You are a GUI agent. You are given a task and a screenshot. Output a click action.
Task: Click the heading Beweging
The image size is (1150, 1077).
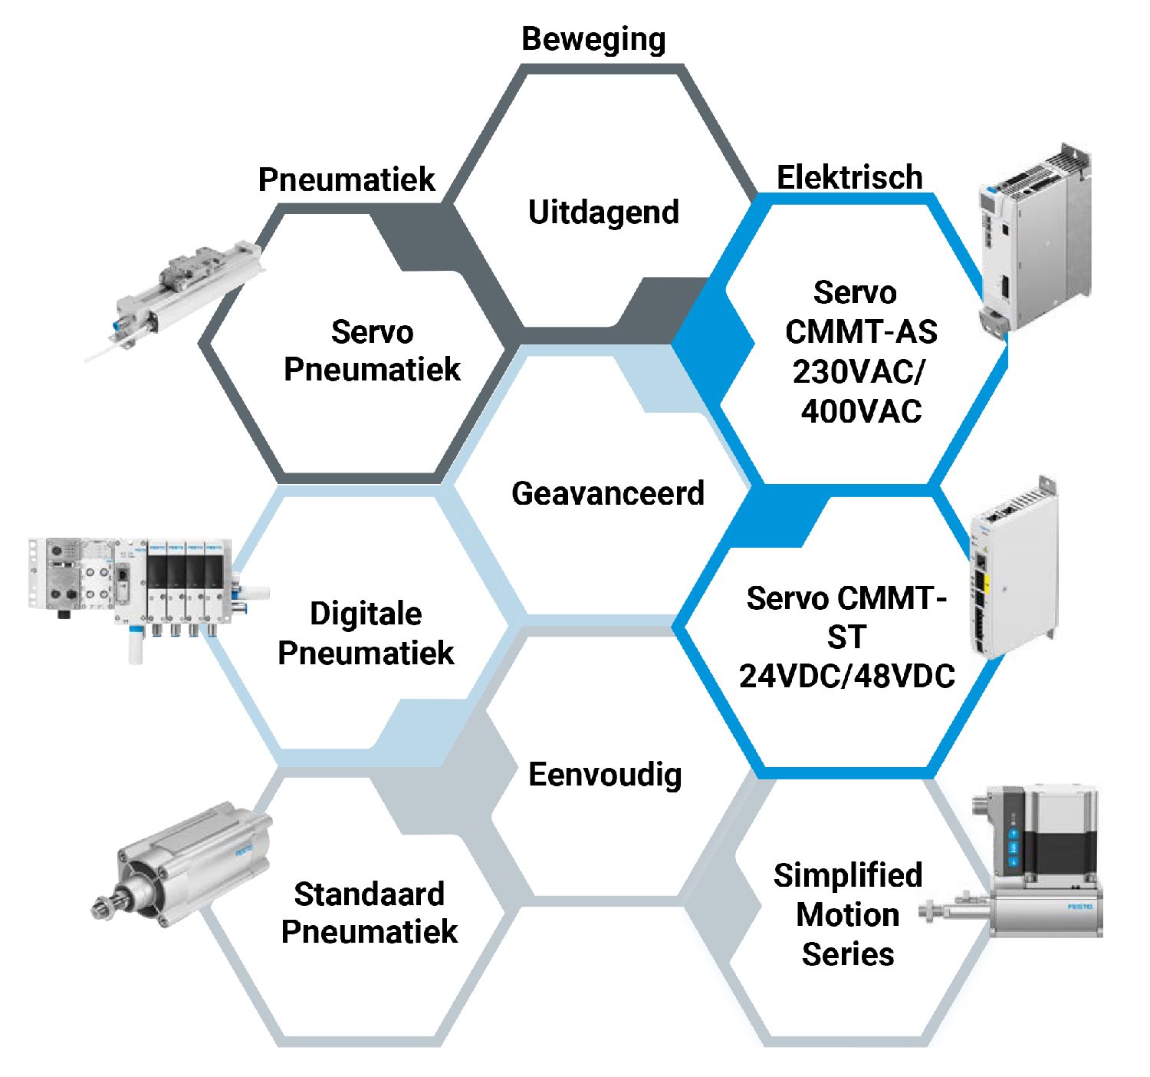(593, 40)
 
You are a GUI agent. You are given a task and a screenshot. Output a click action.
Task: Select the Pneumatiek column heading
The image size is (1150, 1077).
(347, 179)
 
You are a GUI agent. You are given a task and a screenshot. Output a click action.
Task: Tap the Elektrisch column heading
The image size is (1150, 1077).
(849, 177)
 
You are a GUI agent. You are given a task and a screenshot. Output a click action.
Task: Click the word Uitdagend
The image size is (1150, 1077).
(603, 212)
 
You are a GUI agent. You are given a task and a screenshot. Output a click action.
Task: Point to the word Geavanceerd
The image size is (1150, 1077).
(607, 493)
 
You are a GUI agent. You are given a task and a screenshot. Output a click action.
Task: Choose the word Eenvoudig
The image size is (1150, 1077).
(605, 775)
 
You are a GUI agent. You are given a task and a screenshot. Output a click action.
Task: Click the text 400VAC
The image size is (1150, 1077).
(861, 411)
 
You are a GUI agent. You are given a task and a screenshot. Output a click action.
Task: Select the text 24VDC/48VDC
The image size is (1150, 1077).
(847, 676)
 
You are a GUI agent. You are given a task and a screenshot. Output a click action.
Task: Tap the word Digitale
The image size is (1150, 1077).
(366, 614)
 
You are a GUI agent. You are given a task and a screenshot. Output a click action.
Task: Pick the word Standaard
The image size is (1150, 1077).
(369, 894)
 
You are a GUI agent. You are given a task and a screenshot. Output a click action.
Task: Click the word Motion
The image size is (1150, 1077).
(847, 914)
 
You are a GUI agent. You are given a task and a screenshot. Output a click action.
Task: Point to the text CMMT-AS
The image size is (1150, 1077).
(861, 332)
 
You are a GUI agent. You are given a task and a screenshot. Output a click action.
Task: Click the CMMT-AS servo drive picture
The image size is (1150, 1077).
(1035, 238)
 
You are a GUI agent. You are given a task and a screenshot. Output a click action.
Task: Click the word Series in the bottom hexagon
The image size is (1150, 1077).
(847, 954)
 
